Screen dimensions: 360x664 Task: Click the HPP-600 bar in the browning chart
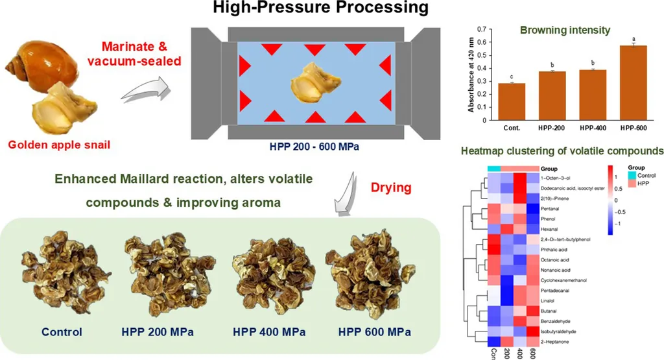pyautogui.click(x=631, y=82)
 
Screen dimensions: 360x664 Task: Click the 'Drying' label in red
pyautogui.click(x=391, y=188)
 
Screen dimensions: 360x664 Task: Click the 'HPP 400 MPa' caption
pyautogui.click(x=266, y=332)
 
